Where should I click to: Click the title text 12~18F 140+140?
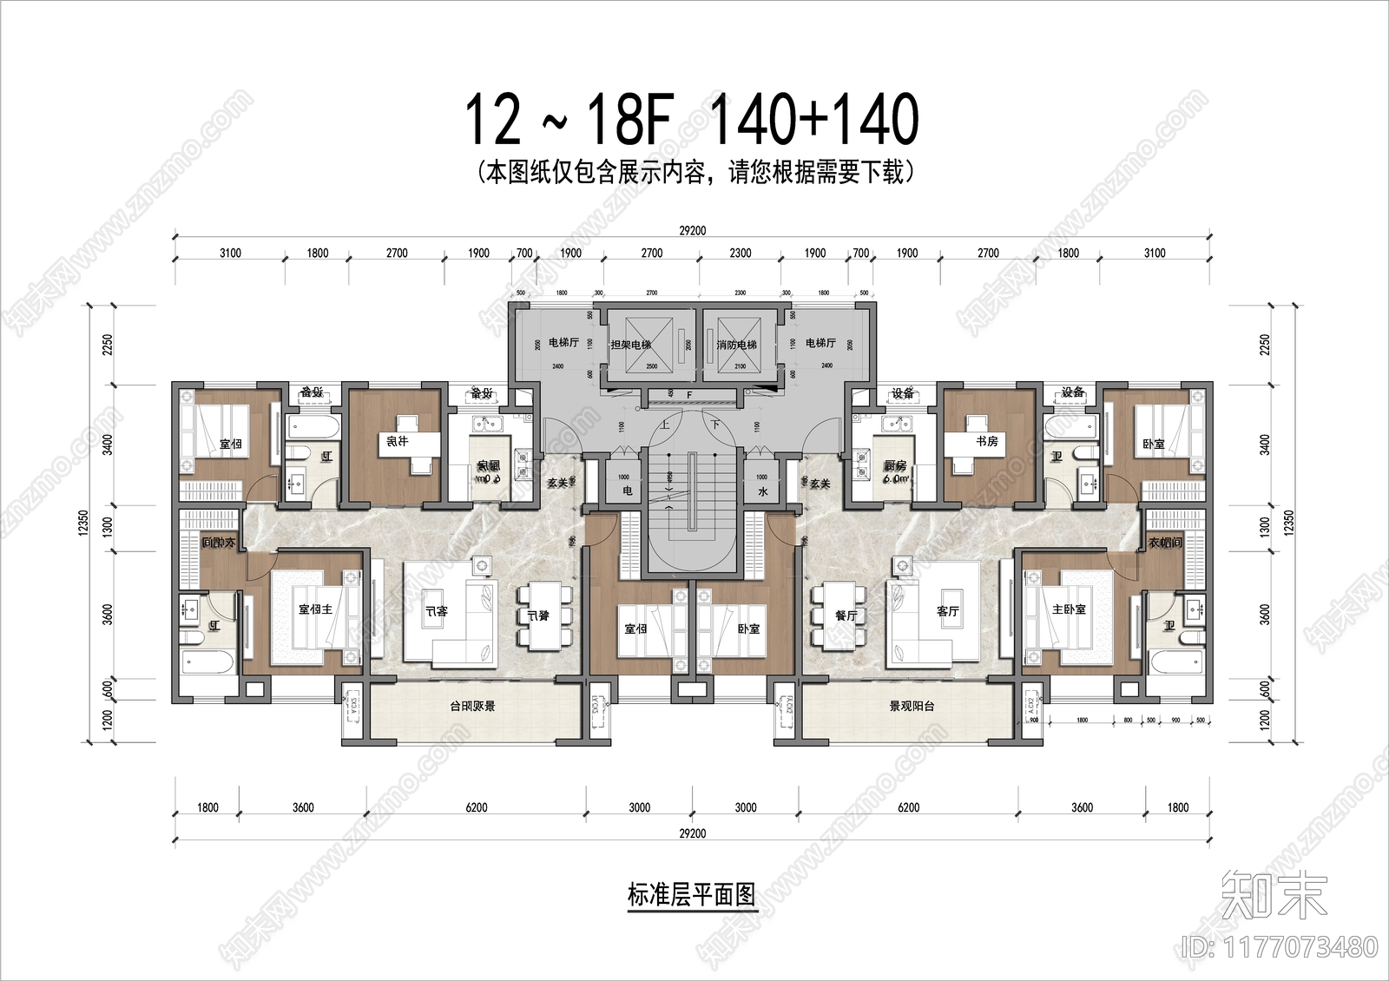692,120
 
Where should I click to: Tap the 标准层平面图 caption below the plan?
691,894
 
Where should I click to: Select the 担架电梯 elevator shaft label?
630,345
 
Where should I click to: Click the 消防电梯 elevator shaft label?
736,345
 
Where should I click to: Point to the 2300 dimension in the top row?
741,253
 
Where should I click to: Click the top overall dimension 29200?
692,231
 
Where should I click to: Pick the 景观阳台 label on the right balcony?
912,707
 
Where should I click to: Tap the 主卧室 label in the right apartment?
1069,609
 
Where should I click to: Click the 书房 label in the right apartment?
987,441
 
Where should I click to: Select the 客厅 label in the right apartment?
948,612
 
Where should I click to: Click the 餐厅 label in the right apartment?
846,616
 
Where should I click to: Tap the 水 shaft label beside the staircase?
762,491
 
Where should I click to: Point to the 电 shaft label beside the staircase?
628,491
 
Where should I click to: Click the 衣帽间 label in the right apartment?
1165,543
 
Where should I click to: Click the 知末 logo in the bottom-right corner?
1274,894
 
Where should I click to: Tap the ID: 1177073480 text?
1280,946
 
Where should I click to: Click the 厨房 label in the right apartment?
895,466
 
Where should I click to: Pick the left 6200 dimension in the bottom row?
476,807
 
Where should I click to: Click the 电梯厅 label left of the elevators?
563,343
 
